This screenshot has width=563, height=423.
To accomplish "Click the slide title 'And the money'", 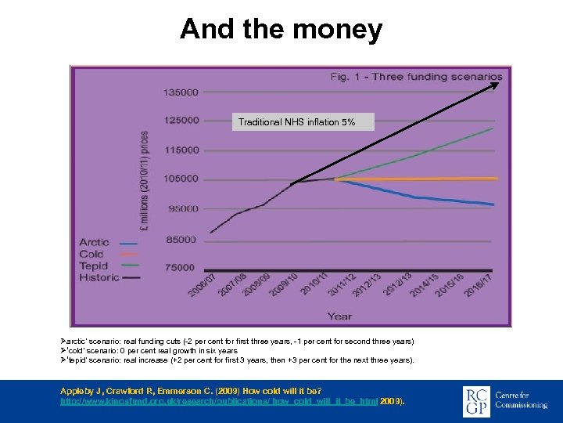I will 281,30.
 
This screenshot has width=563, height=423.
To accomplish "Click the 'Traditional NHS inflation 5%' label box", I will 296,121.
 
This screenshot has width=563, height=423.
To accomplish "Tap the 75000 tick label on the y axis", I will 181,268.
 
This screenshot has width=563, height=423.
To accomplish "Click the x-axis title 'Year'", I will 339,316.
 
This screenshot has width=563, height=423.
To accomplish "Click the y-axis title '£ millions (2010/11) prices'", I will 145,179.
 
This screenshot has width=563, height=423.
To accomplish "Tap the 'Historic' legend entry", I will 99,277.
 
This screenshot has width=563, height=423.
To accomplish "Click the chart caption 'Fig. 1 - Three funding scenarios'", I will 416,76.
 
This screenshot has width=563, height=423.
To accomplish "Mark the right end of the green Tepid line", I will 493,128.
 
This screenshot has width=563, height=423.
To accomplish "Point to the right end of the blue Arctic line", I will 493,204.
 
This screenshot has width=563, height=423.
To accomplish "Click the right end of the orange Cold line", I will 497,179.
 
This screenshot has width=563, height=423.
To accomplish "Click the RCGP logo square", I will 476,399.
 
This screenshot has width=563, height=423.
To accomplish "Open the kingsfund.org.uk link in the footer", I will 218,400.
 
